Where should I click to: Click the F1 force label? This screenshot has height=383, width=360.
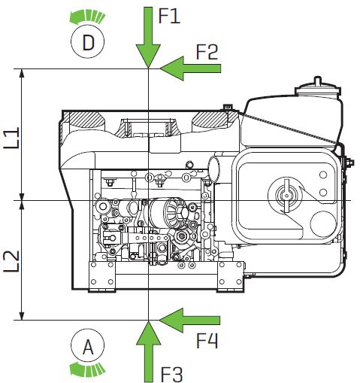click(169, 17)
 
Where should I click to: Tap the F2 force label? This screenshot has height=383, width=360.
click(207, 52)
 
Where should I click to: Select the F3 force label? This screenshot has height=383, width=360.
click(171, 374)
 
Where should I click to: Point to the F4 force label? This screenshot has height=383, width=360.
click(207, 340)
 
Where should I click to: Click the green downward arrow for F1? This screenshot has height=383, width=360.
click(148, 38)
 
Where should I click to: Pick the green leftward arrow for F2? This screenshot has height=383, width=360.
click(190, 68)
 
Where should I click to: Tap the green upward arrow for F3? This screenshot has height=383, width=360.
click(149, 351)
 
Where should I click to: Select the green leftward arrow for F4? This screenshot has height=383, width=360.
click(189, 321)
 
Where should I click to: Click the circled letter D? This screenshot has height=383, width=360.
click(87, 41)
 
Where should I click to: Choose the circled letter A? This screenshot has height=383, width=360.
click(87, 345)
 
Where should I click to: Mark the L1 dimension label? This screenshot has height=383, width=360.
click(11, 138)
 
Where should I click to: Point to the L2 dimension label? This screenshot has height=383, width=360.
click(11, 261)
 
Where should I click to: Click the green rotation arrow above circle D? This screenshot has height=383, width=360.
click(87, 17)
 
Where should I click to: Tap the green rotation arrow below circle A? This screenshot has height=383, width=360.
click(87, 369)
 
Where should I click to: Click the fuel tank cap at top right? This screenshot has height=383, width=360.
click(318, 88)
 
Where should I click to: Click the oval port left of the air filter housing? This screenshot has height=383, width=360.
click(213, 169)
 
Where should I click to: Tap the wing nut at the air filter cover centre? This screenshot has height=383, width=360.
click(286, 196)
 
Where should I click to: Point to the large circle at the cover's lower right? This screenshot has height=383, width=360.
click(323, 224)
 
